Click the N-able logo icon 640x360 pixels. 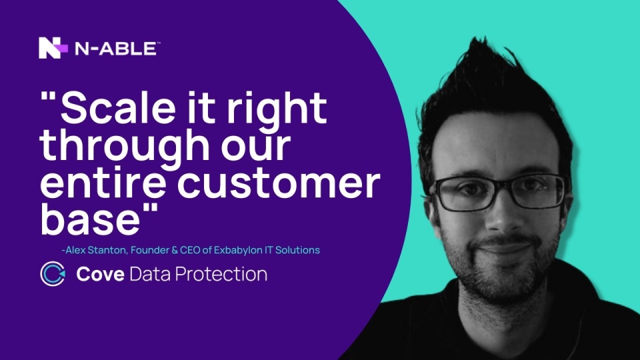click(x=53, y=48)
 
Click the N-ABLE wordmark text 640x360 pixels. click(x=116, y=49)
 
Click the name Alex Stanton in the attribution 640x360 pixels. click(x=96, y=250)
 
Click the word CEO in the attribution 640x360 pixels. click(x=190, y=250)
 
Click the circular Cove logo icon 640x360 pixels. click(x=53, y=273)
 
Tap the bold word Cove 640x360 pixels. click(x=101, y=274)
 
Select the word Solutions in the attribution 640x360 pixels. click(x=297, y=250)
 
